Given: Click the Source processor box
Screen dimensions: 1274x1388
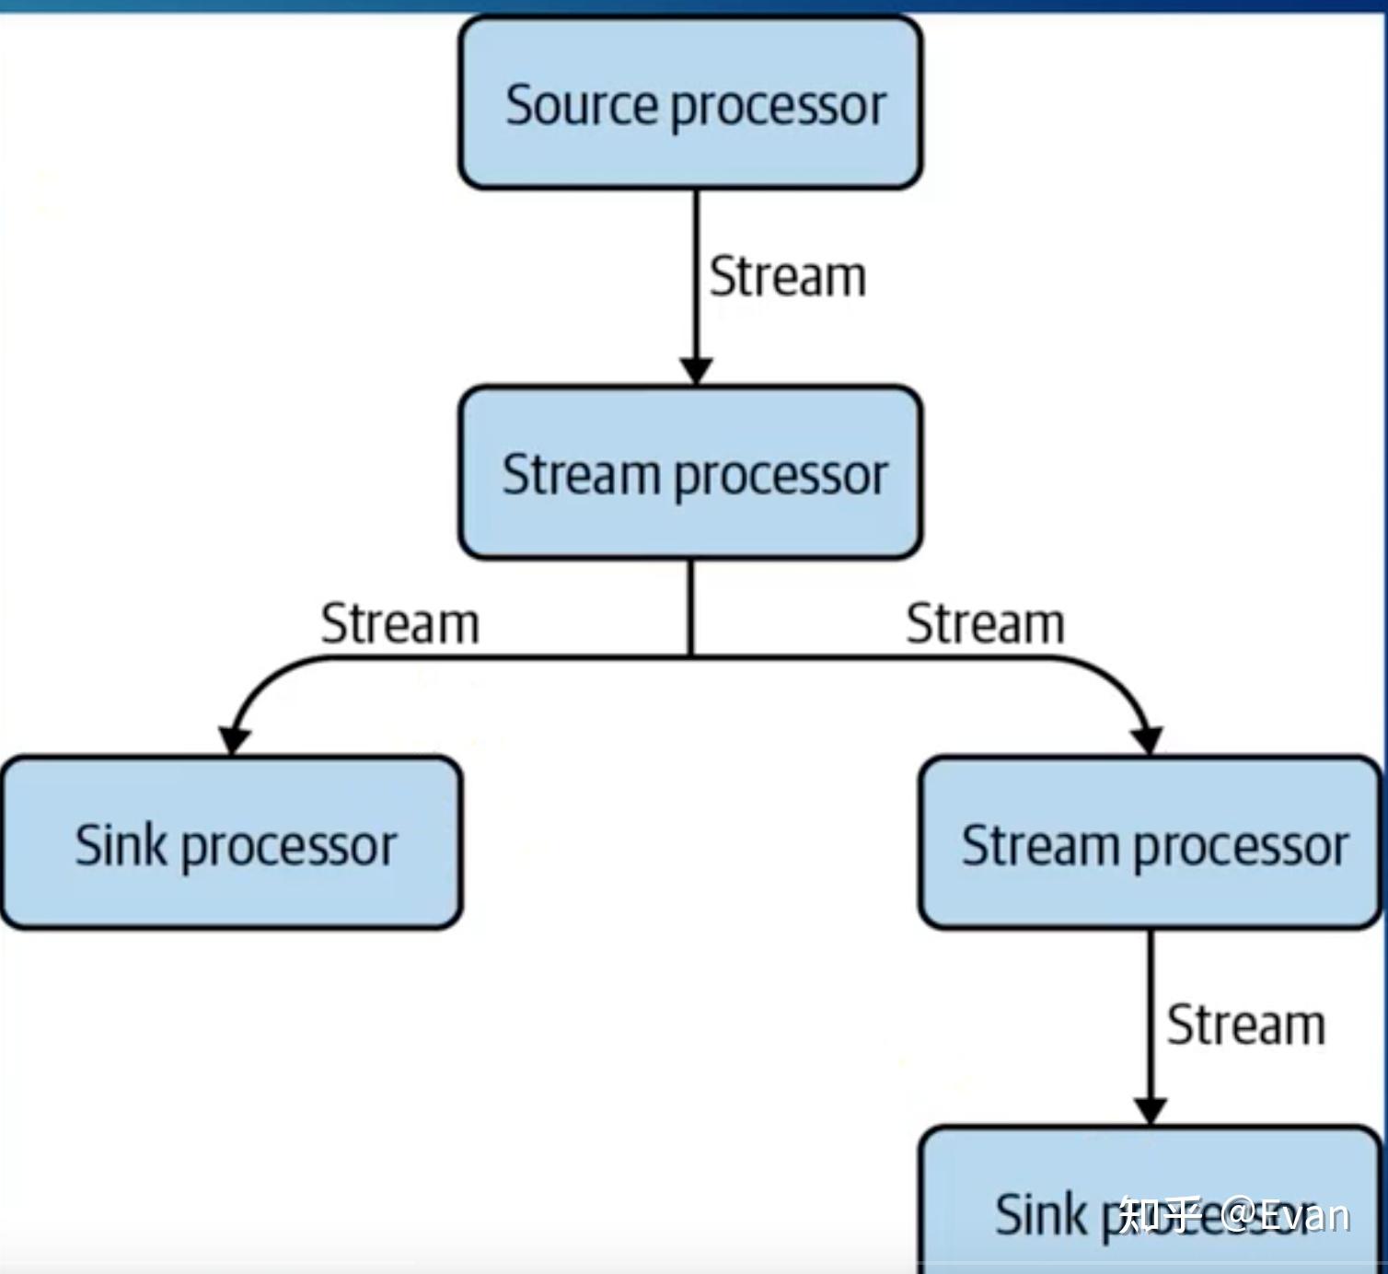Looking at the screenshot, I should coord(690,103).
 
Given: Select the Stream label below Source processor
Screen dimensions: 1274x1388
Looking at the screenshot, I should coord(787,277).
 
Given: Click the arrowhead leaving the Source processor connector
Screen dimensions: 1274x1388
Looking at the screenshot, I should coord(696,370).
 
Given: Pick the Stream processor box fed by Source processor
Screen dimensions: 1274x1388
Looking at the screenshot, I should coord(690,473).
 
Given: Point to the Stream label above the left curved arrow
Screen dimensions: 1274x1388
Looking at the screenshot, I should coord(399,624).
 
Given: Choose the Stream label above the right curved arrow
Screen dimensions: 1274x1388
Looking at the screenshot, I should coord(985,624).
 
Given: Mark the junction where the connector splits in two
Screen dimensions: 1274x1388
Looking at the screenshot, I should coord(691,657).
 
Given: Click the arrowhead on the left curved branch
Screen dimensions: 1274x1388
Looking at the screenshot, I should coord(234,739).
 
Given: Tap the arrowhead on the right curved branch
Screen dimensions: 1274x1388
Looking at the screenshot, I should coord(1147,739).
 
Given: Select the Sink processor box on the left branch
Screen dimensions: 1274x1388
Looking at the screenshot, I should coord(231,842).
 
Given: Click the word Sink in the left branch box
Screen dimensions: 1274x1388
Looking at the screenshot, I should coord(121,845).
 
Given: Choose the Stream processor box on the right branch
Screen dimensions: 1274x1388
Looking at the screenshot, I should coord(1150,842).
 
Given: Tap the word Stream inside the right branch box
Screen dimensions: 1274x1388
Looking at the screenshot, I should coord(1039,845).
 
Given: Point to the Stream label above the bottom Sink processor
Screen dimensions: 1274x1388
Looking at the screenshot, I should coord(1245,1025).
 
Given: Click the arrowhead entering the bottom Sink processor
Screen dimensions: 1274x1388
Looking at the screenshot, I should coord(1150,1110).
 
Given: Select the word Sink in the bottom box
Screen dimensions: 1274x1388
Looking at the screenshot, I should coord(1041,1214).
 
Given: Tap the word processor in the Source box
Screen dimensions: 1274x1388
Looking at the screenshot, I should coord(778,109).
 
